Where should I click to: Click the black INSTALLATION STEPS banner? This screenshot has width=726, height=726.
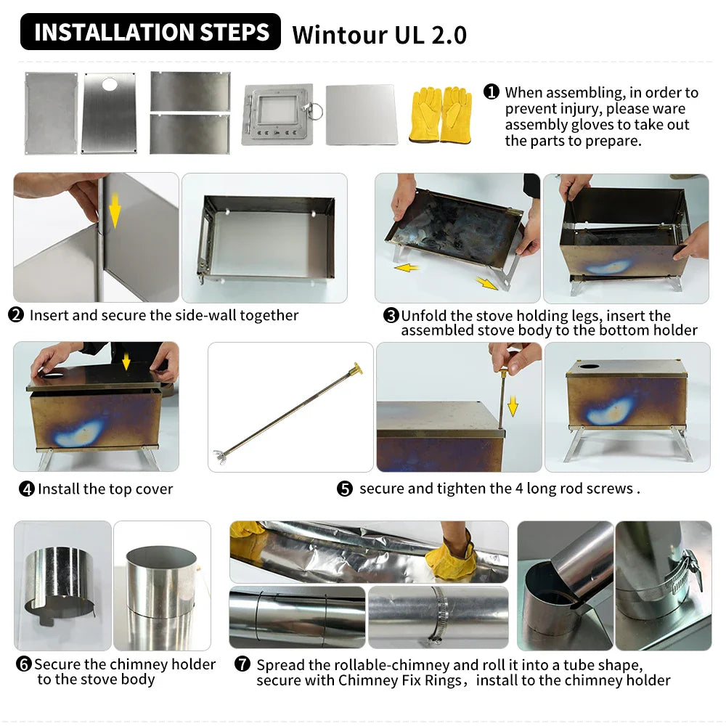150,31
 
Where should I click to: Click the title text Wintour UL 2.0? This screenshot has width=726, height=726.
379,35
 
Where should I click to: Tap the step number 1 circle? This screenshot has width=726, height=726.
492,91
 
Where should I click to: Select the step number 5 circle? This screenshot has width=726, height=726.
344,489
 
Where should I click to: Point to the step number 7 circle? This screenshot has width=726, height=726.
242,664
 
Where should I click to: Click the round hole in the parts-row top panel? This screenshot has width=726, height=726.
110,84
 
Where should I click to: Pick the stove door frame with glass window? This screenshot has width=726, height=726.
277,115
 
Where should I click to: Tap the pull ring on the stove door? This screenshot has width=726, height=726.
315,111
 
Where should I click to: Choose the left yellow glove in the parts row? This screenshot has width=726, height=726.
425,115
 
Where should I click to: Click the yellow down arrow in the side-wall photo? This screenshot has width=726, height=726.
115,211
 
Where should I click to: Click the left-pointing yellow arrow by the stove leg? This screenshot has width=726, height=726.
407,267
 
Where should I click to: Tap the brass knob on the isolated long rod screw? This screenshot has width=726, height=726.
357,369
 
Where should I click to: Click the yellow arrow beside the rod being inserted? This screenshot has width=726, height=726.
513,405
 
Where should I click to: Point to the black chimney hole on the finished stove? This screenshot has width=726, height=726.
589,366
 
